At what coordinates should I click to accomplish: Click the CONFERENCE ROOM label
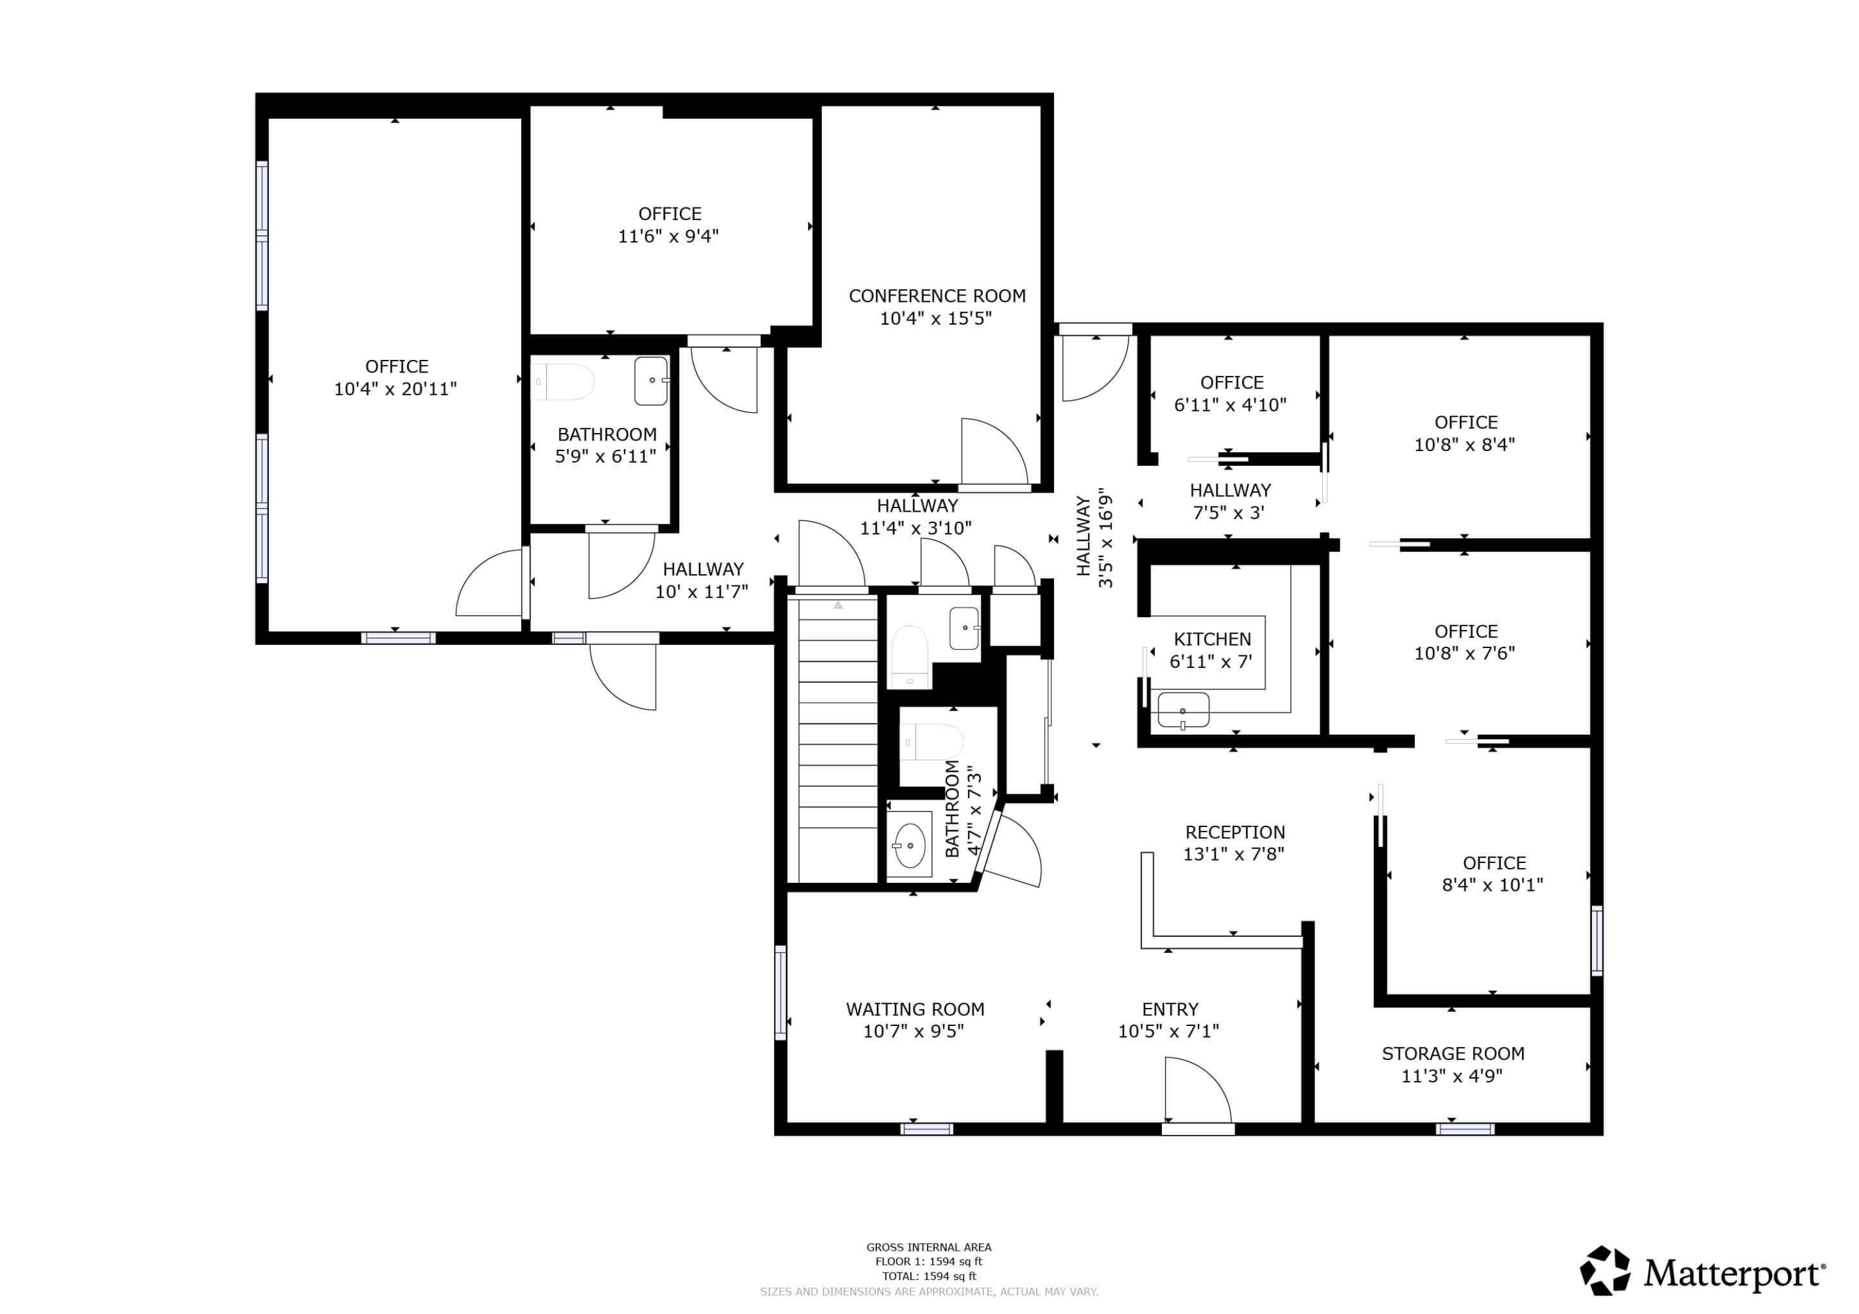(x=937, y=296)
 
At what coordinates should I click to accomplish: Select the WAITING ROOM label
(x=915, y=1010)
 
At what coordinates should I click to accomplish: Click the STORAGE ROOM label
(x=1452, y=1054)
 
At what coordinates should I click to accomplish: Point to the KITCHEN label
(x=1212, y=639)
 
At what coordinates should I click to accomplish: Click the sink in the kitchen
(x=1183, y=710)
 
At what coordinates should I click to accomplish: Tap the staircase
(x=837, y=741)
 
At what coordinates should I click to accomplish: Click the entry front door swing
(x=1196, y=1090)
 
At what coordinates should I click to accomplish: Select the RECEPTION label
(x=1235, y=832)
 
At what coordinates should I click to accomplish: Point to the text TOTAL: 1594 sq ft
(x=929, y=1277)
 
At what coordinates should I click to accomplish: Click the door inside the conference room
(x=993, y=452)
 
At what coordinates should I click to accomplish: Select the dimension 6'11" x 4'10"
(x=1230, y=405)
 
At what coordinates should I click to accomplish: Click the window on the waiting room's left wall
(x=781, y=992)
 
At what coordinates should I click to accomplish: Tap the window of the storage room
(x=1465, y=1129)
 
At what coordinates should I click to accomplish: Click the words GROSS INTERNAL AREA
(x=929, y=1248)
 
